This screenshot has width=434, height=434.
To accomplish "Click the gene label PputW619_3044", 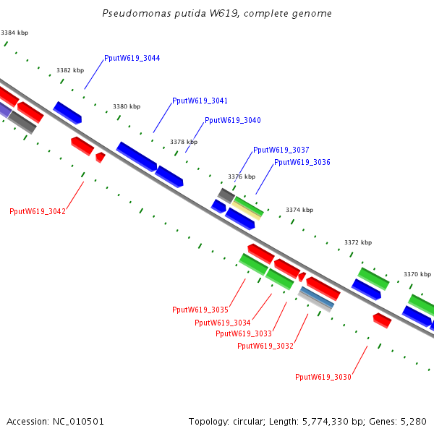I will point(132,58).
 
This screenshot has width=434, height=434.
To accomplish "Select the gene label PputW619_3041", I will point(200,101).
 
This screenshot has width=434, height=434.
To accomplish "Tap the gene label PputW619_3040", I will point(233,120).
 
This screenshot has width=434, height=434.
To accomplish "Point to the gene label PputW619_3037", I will point(281,150).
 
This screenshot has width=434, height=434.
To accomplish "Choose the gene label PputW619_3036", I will point(302,162).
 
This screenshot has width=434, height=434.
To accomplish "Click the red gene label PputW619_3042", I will point(38,211).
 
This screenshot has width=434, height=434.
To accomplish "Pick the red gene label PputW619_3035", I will point(200,310).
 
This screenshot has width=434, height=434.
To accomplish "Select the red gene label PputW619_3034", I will point(222,323).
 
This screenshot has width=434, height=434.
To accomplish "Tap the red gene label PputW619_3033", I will point(244,333).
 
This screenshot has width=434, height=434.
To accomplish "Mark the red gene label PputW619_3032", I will point(265,346).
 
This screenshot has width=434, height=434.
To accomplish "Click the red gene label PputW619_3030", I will point(323,377).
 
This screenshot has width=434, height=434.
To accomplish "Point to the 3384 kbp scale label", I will point(14,33).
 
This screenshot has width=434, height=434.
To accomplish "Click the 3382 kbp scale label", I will point(70,70).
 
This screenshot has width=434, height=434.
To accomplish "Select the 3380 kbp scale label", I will point(127,106).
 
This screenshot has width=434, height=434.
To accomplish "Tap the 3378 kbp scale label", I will point(184,142).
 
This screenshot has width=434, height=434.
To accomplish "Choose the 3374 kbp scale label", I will point(299,210).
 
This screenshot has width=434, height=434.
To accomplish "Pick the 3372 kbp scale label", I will point(358,242).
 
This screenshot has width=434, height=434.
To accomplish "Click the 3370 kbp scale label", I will point(417,274).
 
